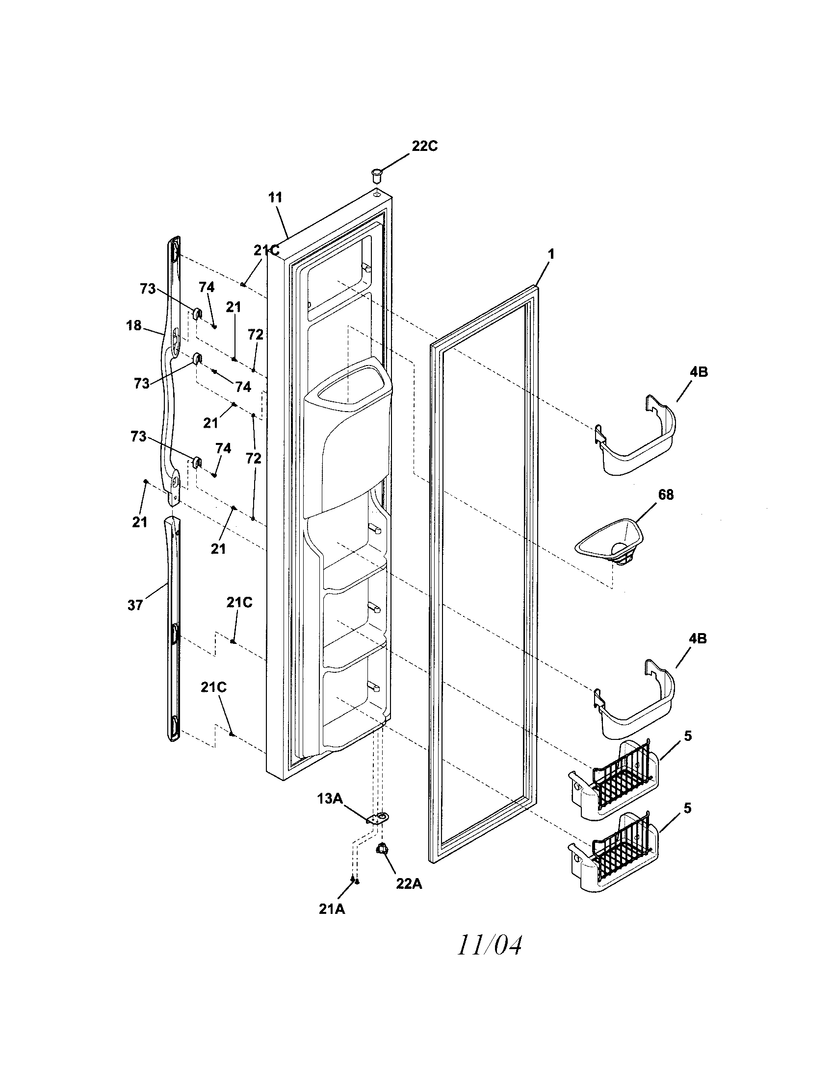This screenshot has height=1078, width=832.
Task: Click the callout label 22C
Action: pos(424,147)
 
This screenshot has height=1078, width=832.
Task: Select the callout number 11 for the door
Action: pos(275,197)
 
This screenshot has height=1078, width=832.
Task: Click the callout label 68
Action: pos(666,494)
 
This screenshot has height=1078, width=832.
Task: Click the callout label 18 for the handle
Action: pos(134,325)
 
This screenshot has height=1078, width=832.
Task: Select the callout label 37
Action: pos(135,605)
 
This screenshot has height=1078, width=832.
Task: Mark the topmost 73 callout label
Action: pos(148,289)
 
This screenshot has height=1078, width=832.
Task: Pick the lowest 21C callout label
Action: pos(213,687)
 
